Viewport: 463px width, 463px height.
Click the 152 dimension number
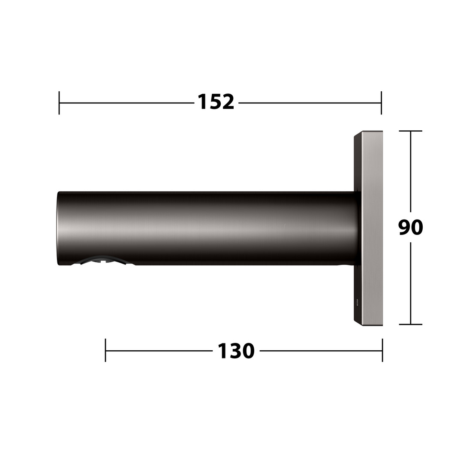(216, 102)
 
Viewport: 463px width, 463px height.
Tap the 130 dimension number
(236, 351)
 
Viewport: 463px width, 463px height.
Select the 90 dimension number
(410, 227)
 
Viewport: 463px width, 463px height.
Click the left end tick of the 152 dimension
(59, 103)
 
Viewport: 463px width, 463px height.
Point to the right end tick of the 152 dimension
(382, 103)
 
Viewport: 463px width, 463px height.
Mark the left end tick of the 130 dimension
(105, 350)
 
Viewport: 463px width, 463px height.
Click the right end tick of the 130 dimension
(382, 350)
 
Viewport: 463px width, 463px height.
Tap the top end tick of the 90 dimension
(410, 131)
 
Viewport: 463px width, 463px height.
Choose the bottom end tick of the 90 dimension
(410, 324)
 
